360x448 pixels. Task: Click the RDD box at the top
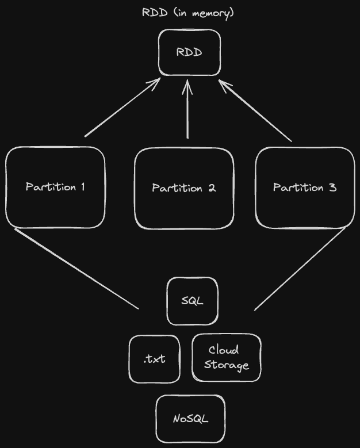[x=189, y=53]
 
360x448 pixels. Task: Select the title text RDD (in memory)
[x=188, y=13]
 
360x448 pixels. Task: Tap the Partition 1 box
[x=55, y=187]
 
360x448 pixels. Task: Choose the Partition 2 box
[x=184, y=188]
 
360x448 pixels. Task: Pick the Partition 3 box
[x=305, y=187]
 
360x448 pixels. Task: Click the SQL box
[x=192, y=301]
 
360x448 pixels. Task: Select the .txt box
[x=154, y=359]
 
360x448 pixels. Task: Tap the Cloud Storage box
[x=226, y=358]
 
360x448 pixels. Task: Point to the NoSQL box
[x=190, y=419]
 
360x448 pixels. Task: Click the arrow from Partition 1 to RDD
[x=122, y=108]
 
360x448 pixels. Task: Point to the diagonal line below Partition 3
[x=300, y=269]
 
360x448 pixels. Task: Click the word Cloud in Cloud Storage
[x=224, y=350]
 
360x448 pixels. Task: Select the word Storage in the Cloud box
[x=227, y=365]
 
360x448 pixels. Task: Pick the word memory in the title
[x=214, y=13]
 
